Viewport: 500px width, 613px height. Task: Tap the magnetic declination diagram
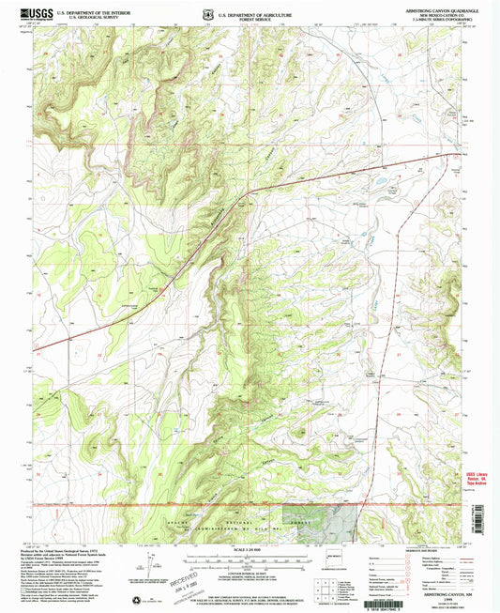(x=146, y=569)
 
